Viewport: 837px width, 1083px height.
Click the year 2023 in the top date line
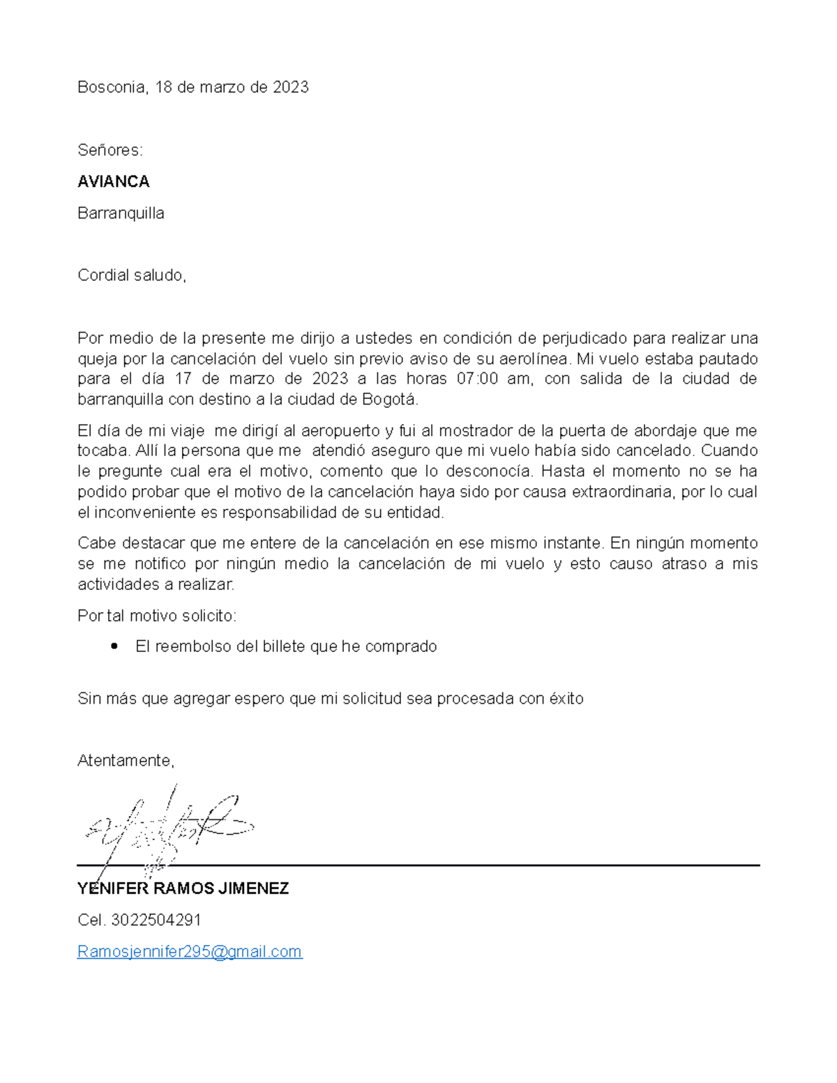point(290,87)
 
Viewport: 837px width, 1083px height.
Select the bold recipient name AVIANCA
point(114,182)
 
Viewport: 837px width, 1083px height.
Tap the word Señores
point(110,151)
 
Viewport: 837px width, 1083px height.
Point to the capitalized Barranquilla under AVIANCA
point(121,213)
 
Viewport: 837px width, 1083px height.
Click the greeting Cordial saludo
point(131,275)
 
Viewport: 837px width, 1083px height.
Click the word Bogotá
point(391,400)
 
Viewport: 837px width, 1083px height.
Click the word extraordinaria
point(623,492)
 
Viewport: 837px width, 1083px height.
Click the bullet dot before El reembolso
point(114,646)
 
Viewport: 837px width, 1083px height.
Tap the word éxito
point(566,699)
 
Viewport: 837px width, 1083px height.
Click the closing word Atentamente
point(125,761)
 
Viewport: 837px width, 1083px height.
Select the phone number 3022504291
point(156,921)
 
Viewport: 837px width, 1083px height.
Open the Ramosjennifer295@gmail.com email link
point(190,952)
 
